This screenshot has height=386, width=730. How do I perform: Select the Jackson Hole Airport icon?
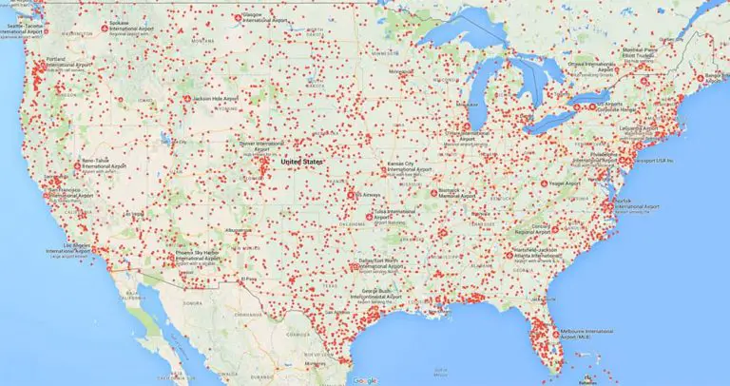click(x=186, y=99)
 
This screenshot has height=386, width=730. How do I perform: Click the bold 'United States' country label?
click(x=301, y=163)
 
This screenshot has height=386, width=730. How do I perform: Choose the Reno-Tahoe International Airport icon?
click(x=76, y=163)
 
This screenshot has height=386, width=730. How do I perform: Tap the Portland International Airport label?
click(x=67, y=66)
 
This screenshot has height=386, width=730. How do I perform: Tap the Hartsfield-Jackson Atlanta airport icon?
click(x=506, y=255)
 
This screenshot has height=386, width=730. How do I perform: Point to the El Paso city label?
click(x=249, y=279)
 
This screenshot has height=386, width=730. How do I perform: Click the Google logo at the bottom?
click(x=363, y=380)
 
